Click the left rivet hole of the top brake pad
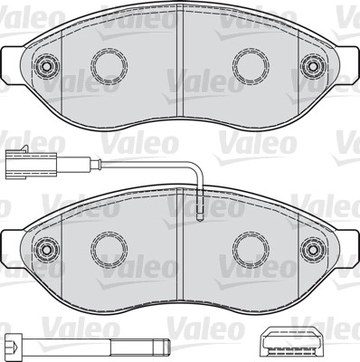click(x=46, y=65)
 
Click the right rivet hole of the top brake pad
click(x=314, y=65)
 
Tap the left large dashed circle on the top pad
click(x=109, y=65)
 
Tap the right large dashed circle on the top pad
click(x=251, y=65)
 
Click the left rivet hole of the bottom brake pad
click(x=46, y=250)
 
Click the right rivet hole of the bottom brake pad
click(x=314, y=250)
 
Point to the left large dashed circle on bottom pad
click(x=109, y=250)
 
